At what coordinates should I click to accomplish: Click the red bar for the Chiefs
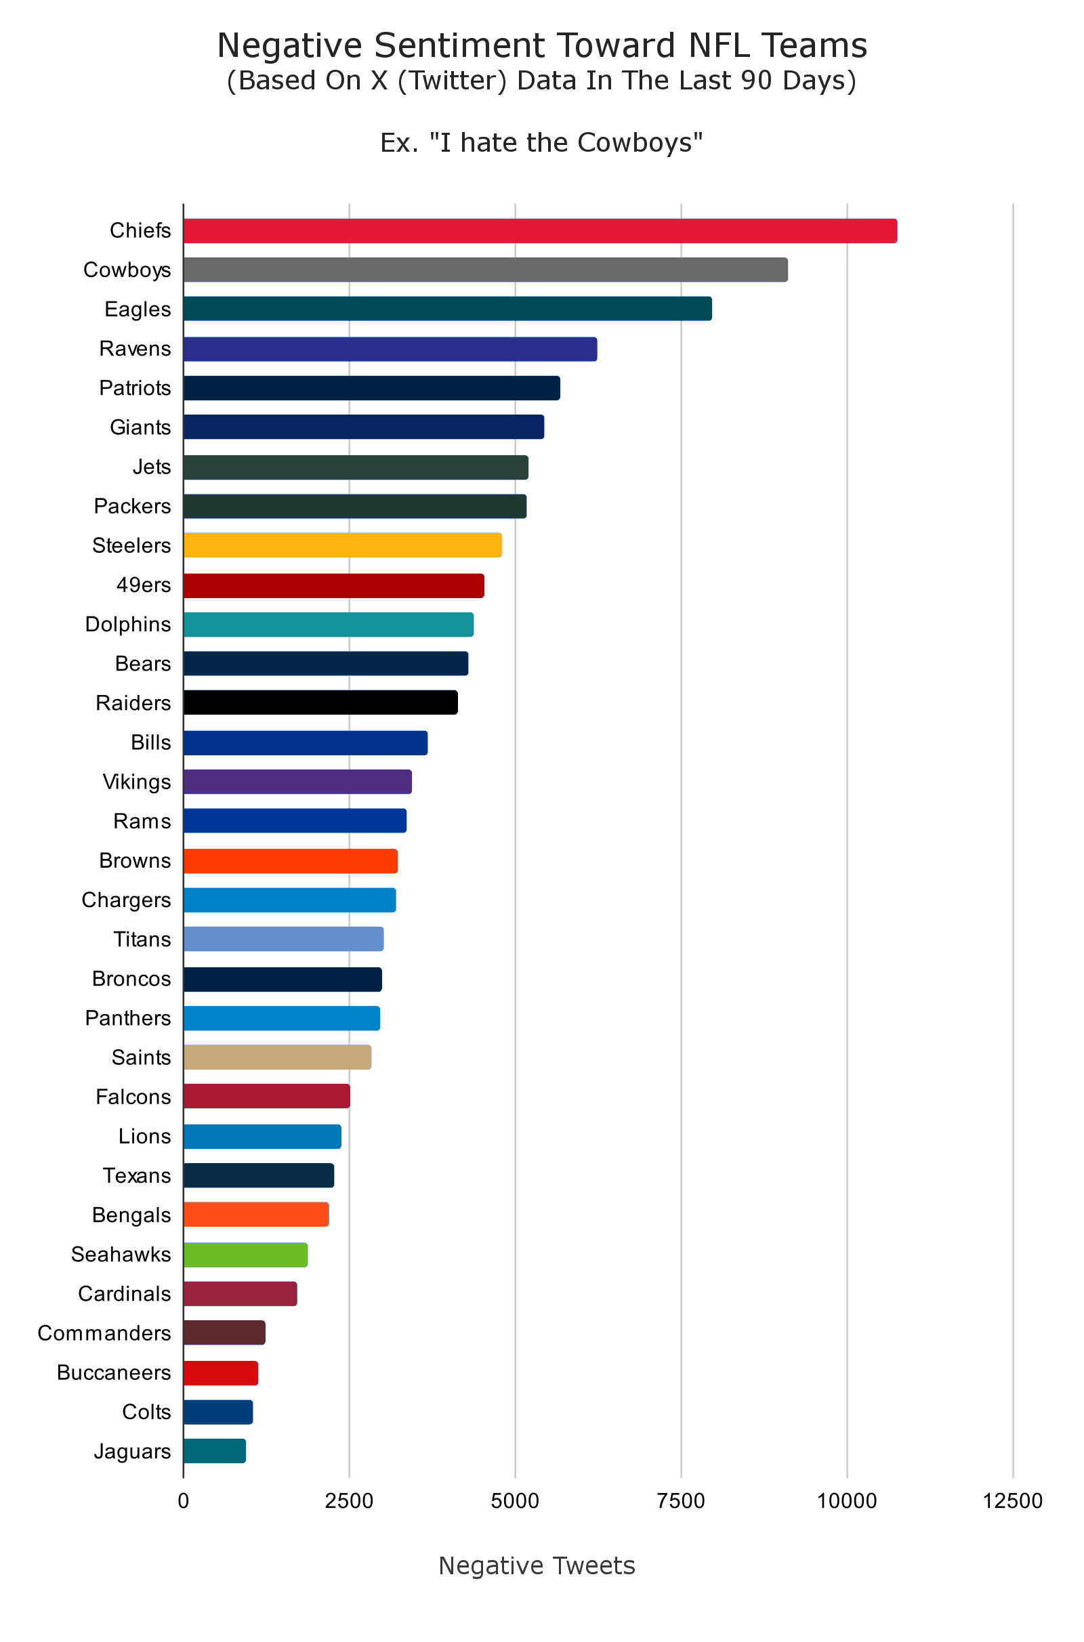(539, 231)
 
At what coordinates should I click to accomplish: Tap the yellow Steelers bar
(342, 545)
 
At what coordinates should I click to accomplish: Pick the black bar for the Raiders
(320, 703)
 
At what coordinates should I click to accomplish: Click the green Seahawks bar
(245, 1255)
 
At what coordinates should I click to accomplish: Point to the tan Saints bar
(277, 1057)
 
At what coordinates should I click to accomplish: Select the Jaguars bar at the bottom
(214, 1451)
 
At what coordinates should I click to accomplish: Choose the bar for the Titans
(283, 940)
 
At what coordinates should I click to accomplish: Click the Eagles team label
(138, 310)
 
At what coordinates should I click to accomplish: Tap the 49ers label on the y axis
(143, 585)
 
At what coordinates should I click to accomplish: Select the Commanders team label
(104, 1333)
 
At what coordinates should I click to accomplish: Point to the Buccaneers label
(114, 1372)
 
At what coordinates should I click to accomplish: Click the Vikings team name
(137, 782)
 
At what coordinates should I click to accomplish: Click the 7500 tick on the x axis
(681, 1501)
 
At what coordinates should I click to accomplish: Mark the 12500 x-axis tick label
(1013, 1501)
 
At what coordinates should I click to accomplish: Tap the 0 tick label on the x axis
(183, 1501)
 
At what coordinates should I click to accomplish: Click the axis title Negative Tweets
(537, 1566)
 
